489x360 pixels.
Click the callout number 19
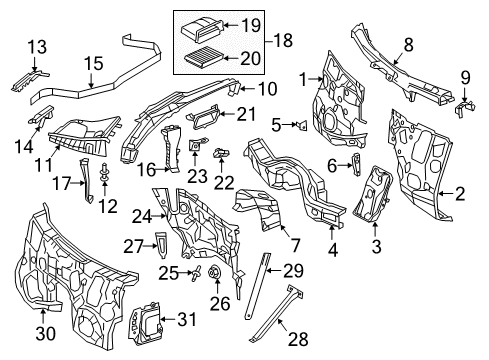click(251, 25)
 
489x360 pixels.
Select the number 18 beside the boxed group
click(283, 40)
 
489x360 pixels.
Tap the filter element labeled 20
click(201, 57)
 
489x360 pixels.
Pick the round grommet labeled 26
click(213, 272)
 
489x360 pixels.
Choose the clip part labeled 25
click(196, 273)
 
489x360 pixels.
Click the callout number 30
click(46, 333)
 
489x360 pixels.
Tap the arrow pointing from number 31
click(169, 319)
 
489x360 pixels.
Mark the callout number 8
click(408, 45)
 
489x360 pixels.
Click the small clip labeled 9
click(464, 108)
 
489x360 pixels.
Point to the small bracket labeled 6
click(356, 164)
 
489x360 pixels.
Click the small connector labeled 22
click(222, 153)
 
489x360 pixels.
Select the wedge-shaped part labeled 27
click(162, 245)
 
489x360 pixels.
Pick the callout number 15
click(93, 63)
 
